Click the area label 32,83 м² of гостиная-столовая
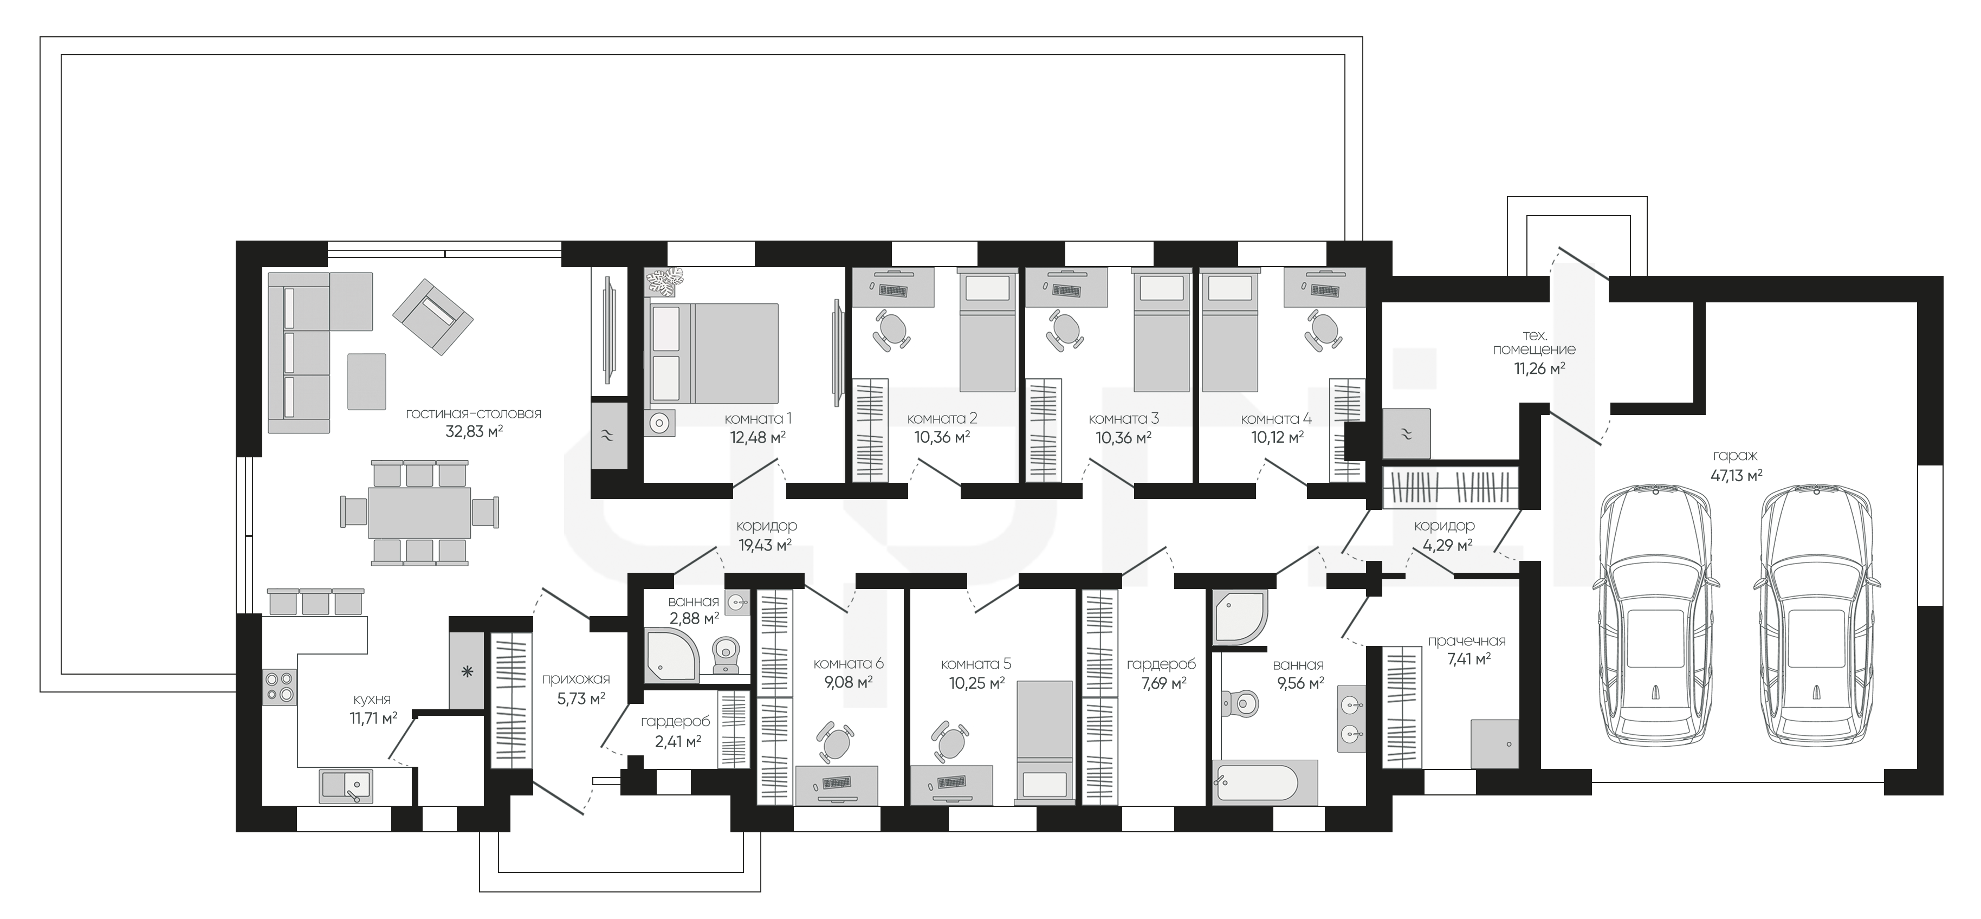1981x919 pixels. (474, 431)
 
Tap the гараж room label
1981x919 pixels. (1735, 457)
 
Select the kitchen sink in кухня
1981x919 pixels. (346, 786)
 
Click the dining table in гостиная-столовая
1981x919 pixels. (419, 512)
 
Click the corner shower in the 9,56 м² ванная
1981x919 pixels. (1238, 618)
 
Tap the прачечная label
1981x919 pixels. (1467, 640)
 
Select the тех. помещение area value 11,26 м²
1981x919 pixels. (1539, 368)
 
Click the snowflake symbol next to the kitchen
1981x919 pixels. (466, 672)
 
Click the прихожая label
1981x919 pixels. (576, 679)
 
